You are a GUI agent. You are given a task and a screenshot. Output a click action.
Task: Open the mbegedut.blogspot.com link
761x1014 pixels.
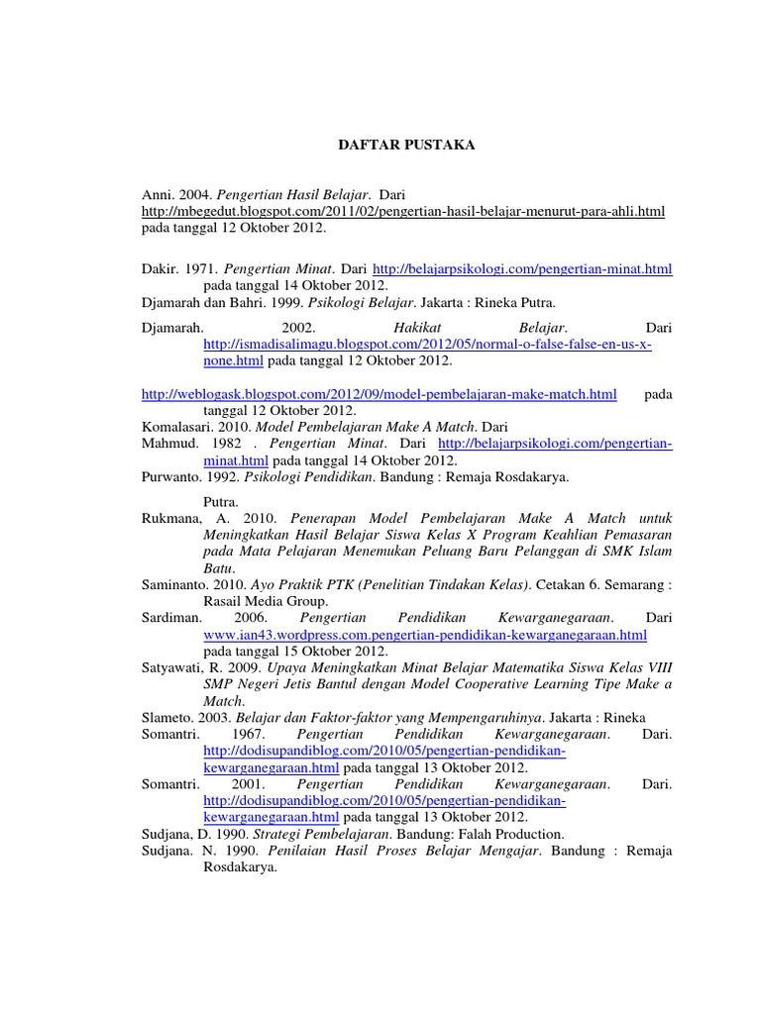402,211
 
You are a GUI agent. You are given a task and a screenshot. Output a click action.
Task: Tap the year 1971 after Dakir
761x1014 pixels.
196,268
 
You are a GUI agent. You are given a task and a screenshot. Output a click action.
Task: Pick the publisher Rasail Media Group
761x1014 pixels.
265,600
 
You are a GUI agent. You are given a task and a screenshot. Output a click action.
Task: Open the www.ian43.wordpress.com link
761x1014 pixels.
425,634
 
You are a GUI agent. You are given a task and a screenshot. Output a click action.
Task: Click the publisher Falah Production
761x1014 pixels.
506,834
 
